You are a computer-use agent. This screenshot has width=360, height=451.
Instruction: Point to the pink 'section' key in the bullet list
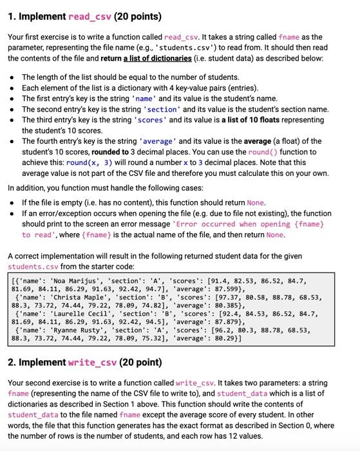click(149, 109)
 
